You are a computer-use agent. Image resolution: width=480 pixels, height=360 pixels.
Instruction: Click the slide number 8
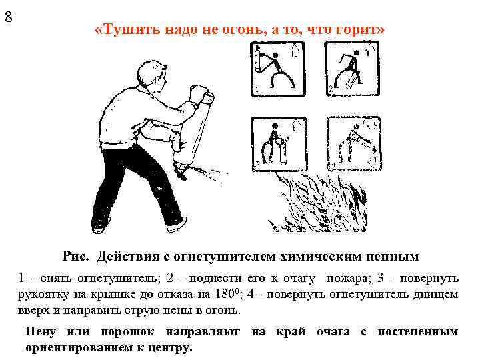pos(9,17)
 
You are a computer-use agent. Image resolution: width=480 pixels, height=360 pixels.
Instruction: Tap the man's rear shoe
pos(100,226)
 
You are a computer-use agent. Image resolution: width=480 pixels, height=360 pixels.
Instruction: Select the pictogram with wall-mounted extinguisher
pos(277,67)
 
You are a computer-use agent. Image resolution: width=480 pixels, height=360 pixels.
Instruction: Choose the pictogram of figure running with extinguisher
pos(351,67)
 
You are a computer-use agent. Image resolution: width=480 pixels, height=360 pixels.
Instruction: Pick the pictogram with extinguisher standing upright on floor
pos(277,143)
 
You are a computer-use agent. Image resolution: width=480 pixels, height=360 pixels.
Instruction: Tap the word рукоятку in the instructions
pos(42,293)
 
